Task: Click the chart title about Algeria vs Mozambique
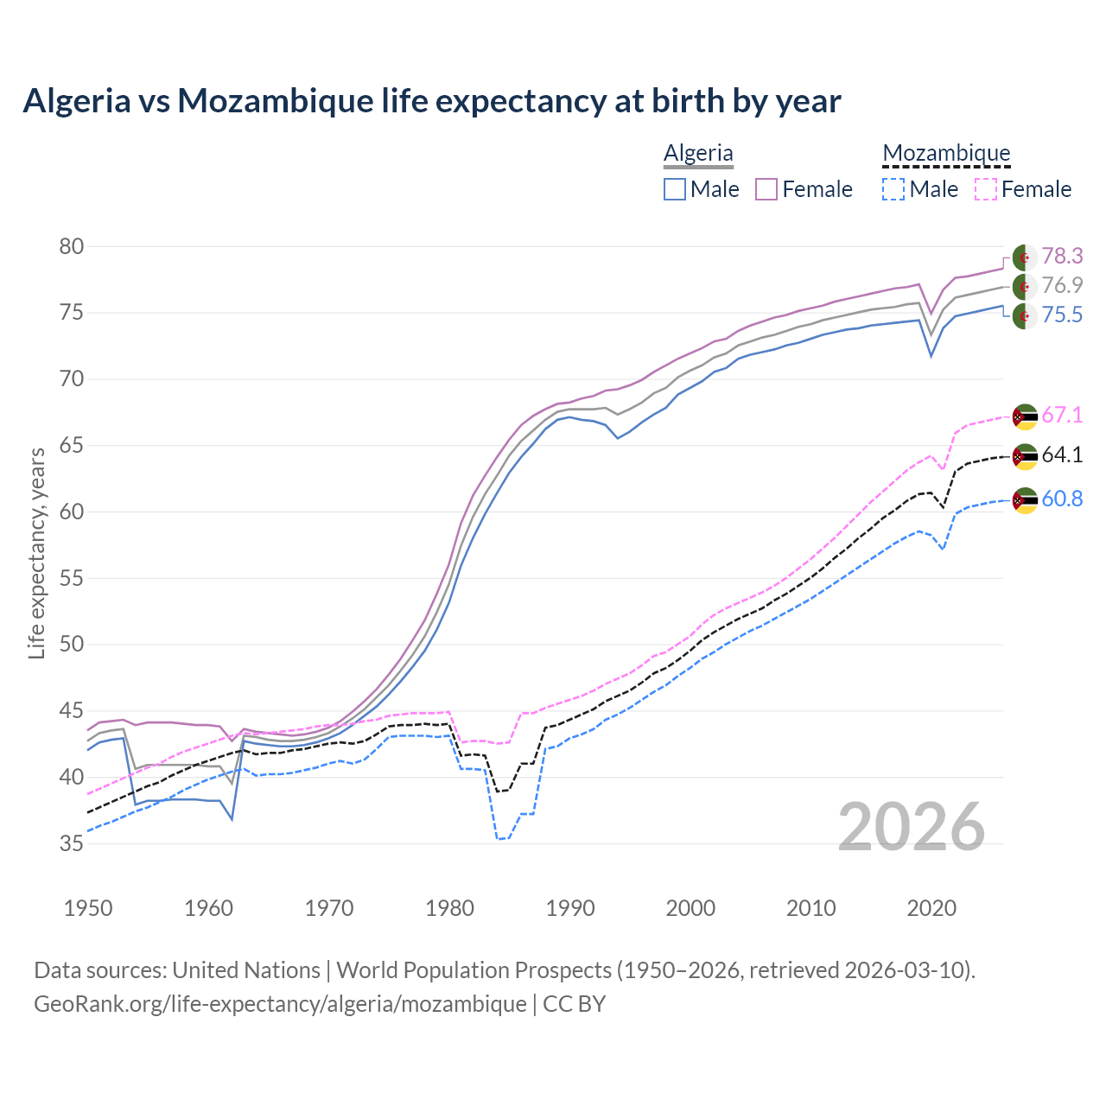431,101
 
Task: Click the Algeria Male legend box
675,189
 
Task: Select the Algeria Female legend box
767,189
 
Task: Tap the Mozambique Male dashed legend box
893,189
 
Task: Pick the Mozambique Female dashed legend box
986,189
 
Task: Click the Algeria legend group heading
698,154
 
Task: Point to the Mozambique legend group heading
946,154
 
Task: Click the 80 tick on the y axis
72,247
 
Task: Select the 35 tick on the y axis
72,843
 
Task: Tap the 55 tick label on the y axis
72,578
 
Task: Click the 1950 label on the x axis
88,908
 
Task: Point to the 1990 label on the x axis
570,908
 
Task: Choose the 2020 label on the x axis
931,908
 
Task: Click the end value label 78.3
1062,257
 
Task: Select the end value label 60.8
1062,499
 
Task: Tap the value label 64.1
1062,455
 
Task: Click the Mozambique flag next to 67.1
1025,416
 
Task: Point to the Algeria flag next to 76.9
1025,286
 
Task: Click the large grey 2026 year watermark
912,827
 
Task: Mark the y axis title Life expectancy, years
36,553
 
